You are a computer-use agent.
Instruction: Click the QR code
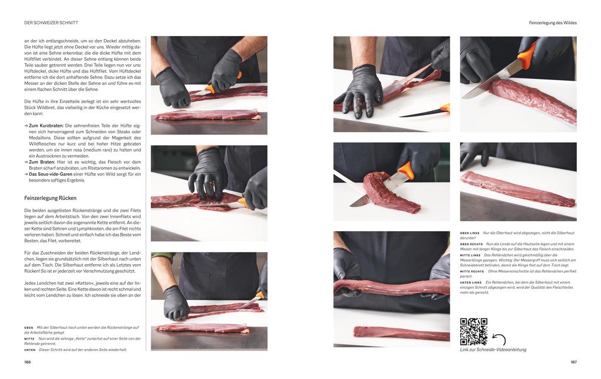[473, 331]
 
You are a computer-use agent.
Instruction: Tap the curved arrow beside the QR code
[500, 339]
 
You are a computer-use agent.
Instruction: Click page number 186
[28, 362]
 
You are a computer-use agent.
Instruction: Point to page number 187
[573, 362]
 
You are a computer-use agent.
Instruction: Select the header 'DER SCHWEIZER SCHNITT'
[51, 22]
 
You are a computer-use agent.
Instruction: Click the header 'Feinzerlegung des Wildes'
[553, 22]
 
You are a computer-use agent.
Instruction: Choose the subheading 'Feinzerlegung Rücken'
[50, 198]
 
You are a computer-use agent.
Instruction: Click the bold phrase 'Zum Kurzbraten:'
[46, 126]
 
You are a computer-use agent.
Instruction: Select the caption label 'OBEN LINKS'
[470, 233]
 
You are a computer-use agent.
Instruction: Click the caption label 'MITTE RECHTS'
[472, 272]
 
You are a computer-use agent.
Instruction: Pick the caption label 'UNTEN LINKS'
[471, 283]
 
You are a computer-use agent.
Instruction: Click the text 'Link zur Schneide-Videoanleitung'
[493, 350]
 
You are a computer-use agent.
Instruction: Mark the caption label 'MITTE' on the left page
[29, 339]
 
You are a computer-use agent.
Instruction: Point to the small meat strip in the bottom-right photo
[401, 333]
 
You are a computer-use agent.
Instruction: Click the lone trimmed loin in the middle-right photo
[517, 189]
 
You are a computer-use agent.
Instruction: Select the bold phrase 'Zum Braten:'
[41, 162]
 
